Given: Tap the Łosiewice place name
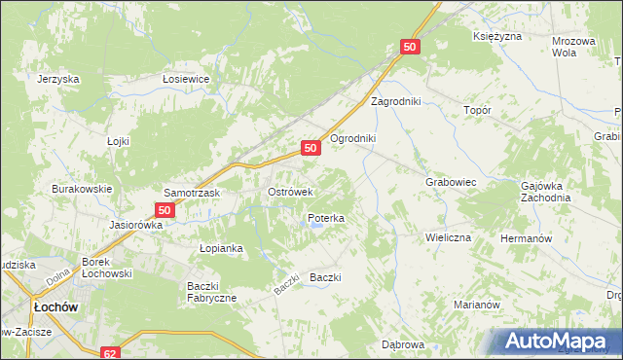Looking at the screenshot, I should (187, 80).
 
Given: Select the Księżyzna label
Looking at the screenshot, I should (497, 36).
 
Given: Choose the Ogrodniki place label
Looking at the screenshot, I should (352, 138).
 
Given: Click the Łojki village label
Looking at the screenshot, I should (118, 141).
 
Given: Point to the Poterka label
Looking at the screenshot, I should (326, 219).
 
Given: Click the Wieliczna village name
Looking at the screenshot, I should (448, 237).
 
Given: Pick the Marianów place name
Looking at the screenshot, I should (477, 305).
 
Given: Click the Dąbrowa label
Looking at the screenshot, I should (403, 345).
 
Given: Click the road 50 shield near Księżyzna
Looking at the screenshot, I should (410, 47).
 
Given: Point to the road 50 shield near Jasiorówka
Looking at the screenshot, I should (165, 209).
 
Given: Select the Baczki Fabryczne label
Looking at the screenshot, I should (211, 291).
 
